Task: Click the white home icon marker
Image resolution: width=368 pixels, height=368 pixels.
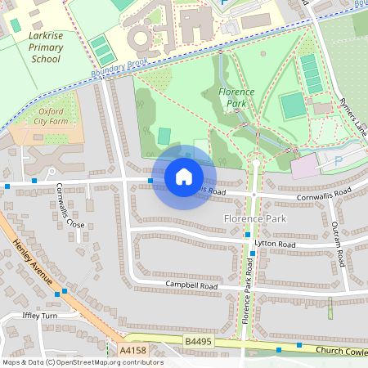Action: (184, 177)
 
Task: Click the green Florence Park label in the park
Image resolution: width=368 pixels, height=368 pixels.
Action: (236, 98)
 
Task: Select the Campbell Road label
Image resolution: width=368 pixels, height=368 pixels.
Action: (191, 286)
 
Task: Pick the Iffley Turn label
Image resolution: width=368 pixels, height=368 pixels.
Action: (38, 316)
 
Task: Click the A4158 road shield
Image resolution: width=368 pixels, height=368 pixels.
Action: (132, 350)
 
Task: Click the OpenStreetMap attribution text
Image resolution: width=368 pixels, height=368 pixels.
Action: (83, 362)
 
